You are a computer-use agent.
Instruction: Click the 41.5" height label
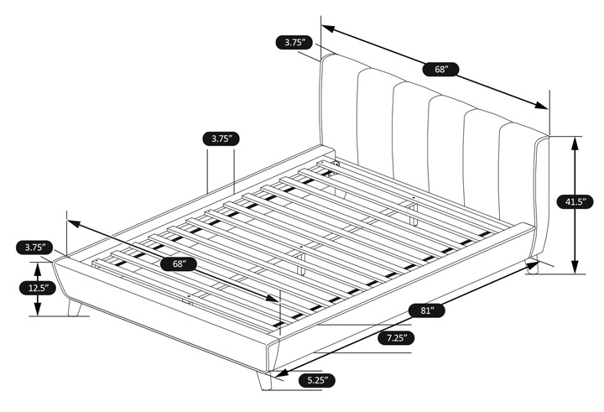point(575,201)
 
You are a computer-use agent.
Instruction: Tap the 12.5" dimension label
point(38,288)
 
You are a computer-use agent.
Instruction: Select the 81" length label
point(427,310)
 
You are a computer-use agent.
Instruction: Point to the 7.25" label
point(397,338)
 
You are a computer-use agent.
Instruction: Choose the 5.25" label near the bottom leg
point(316,380)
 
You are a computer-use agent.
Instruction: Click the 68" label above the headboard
point(441,70)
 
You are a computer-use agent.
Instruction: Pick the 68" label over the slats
point(179,264)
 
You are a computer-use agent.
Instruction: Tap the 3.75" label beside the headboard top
point(294,42)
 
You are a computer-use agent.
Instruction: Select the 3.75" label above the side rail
point(221,138)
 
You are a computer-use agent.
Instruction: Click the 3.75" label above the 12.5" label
point(34,248)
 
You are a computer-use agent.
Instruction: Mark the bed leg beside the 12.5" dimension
point(74,308)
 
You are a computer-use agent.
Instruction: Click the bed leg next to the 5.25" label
point(264,381)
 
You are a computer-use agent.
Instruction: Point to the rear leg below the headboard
point(532,265)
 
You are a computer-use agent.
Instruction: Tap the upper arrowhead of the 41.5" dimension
point(575,143)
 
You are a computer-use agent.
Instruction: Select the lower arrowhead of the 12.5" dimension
point(38,309)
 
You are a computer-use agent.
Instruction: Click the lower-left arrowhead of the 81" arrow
point(279,373)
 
